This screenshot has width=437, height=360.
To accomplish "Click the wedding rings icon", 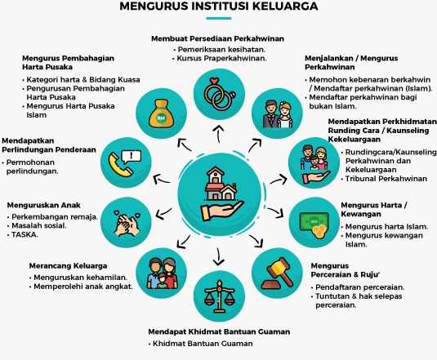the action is tap(220, 94).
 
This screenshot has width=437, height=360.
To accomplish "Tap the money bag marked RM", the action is tap(161, 113).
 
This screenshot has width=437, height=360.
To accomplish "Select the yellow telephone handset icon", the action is tap(120, 166).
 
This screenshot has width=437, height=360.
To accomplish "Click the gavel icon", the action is tap(277, 273).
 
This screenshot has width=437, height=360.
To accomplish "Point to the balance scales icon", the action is tap(220, 296).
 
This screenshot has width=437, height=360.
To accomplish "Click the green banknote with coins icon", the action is tap(314, 224).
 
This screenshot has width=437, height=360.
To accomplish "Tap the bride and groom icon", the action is tap(277, 114).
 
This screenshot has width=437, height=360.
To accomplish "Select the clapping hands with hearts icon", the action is tap(127, 224).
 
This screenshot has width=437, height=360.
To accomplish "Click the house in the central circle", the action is tap(221, 184).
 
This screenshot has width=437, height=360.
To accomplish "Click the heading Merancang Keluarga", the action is tap(68, 265).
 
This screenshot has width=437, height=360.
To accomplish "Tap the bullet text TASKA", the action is tap(25, 234).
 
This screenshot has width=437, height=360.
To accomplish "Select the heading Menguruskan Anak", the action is tap(44, 205).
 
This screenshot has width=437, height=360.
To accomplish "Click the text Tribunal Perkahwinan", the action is tap(386, 179).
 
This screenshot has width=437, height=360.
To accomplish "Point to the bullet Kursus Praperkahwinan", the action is tap(221, 58).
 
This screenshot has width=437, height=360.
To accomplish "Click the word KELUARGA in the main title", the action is tap(286, 7).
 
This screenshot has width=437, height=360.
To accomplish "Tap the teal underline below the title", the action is tap(219, 19).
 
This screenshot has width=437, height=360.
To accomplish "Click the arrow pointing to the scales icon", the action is tap(218, 256).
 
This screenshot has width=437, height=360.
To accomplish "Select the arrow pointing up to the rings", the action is tap(219, 134).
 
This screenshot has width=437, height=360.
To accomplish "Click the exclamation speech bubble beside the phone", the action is tap(132, 156).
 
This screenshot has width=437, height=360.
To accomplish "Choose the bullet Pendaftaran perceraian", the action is tap(359, 287).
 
